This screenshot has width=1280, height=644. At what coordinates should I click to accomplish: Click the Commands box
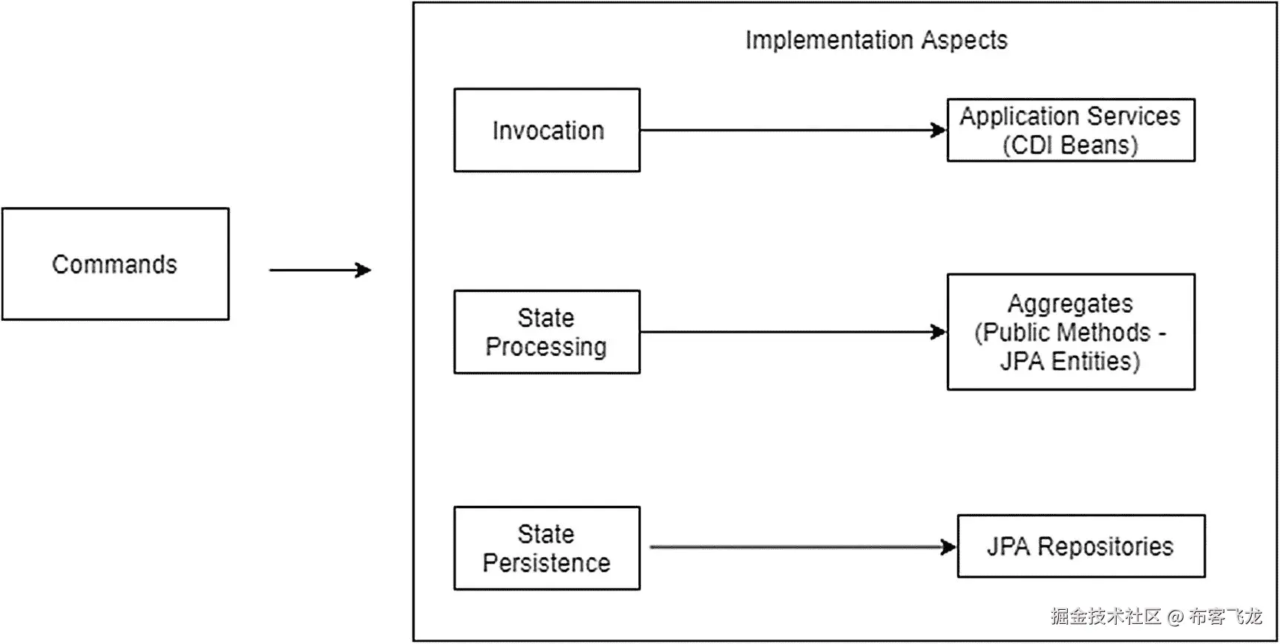115,264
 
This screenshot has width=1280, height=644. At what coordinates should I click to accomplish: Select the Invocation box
547,130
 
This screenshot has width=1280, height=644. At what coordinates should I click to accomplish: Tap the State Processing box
547,332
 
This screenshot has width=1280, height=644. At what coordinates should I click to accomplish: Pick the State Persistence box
547,548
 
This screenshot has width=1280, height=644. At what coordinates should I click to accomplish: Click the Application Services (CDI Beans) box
1071,130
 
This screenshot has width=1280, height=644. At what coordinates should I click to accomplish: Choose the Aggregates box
1071,332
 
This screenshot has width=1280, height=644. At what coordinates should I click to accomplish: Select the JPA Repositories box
1081,546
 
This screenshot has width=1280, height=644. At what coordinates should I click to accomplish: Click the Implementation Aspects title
876,40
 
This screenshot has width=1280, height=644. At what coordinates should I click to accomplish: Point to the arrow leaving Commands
320,270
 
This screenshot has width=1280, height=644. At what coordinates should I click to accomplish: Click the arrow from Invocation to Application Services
793,130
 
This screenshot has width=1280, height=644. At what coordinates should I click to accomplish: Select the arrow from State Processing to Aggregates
793,332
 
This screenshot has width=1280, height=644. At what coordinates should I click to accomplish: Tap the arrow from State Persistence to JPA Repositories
804,547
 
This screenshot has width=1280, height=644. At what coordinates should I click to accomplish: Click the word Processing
546,347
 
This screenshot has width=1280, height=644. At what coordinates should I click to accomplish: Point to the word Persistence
546,563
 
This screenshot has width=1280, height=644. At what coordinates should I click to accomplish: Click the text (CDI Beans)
1070,145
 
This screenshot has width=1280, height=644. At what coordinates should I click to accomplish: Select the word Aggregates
1070,304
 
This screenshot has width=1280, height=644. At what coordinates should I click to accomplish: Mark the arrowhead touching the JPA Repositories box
949,547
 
